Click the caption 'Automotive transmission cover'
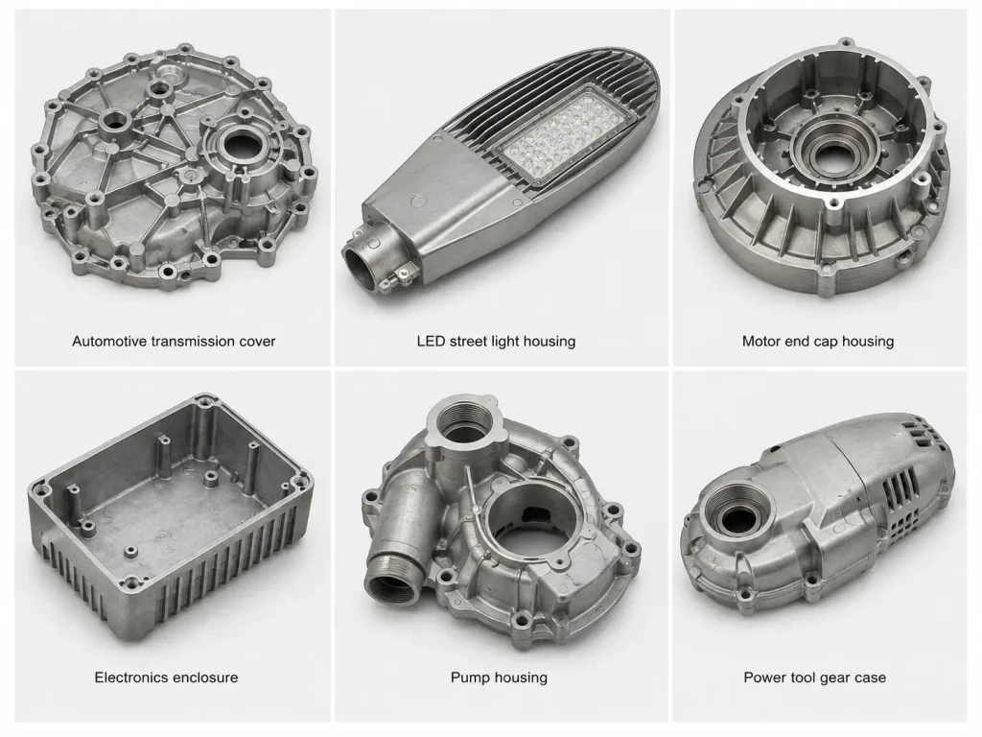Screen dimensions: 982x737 pyautogui.click(x=174, y=342)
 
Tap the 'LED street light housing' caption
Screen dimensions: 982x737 pyautogui.click(x=496, y=342)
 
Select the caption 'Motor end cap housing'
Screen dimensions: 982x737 pyautogui.click(x=818, y=342)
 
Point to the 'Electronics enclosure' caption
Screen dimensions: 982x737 pyautogui.click(x=166, y=678)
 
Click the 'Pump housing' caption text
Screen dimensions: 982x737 pyautogui.click(x=499, y=678)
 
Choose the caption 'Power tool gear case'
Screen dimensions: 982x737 pyautogui.click(x=815, y=678)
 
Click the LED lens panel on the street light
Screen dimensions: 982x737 pyautogui.click(x=564, y=136)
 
